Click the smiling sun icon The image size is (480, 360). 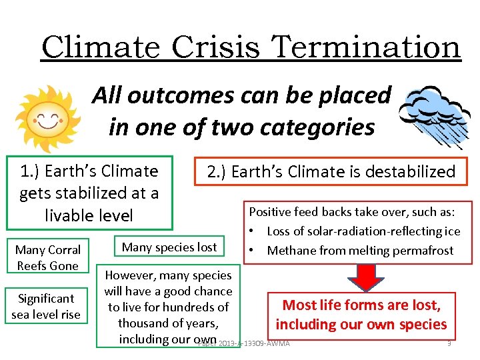[x=47, y=119]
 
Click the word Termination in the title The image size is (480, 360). [x=367, y=47]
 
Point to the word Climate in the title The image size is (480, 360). [x=100, y=47]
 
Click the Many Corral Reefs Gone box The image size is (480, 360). [x=47, y=257]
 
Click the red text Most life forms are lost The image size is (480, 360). [x=361, y=305]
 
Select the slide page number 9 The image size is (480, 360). [x=449, y=343]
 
